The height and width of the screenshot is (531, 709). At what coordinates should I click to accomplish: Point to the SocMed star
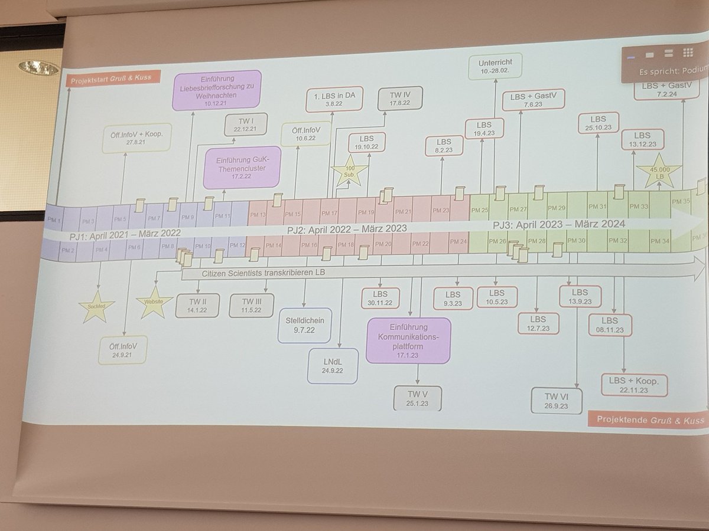point(96,307)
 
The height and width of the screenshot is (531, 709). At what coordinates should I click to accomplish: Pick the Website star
point(154,302)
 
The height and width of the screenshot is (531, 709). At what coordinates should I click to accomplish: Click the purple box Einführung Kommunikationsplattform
point(408,340)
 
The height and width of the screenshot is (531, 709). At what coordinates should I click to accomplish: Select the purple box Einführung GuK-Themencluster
point(242,168)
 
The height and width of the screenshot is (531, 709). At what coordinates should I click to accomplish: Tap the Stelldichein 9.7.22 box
point(305,325)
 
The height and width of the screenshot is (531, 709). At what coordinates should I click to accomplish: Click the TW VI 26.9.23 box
point(556,401)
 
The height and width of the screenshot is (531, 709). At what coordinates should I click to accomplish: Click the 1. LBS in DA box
point(334,99)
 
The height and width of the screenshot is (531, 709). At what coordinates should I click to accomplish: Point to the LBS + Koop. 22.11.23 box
point(634,385)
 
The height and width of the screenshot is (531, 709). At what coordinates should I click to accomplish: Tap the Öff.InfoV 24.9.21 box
point(123,350)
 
